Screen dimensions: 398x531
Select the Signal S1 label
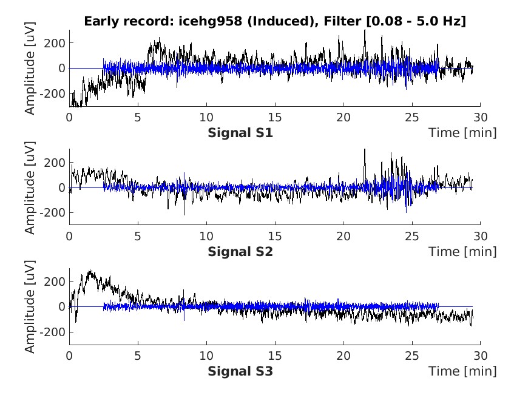pos(240,132)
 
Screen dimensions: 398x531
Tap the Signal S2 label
pos(240,252)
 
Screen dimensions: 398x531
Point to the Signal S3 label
pos(240,371)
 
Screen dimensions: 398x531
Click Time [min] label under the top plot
pos(462,132)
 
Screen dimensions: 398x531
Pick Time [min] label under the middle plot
pos(462,252)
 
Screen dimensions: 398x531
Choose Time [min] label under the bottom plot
pos(462,371)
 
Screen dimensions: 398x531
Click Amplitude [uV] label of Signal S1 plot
pos(30,68)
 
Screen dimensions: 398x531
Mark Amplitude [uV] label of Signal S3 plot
pos(30,307)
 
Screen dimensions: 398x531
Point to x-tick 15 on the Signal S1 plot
pos(275,116)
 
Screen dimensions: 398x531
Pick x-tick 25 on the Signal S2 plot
pos(412,236)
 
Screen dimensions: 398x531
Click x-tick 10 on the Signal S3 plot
pos(206,355)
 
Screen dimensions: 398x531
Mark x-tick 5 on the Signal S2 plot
pos(138,236)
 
